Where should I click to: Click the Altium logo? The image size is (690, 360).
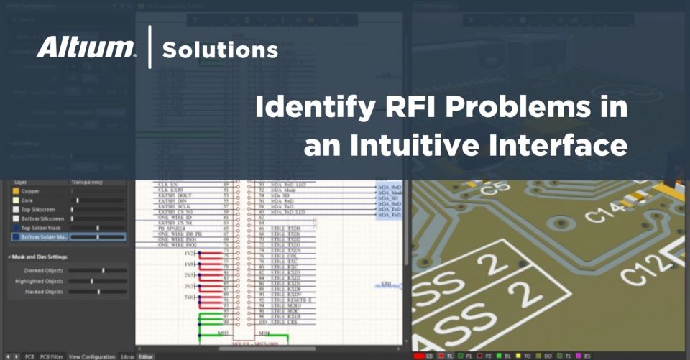click(86, 49)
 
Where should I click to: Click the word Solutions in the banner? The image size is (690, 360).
click(220, 50)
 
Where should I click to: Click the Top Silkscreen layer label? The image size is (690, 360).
click(40, 209)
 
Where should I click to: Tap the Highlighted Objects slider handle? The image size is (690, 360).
click(92, 281)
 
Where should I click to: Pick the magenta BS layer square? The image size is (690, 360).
click(581, 356)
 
